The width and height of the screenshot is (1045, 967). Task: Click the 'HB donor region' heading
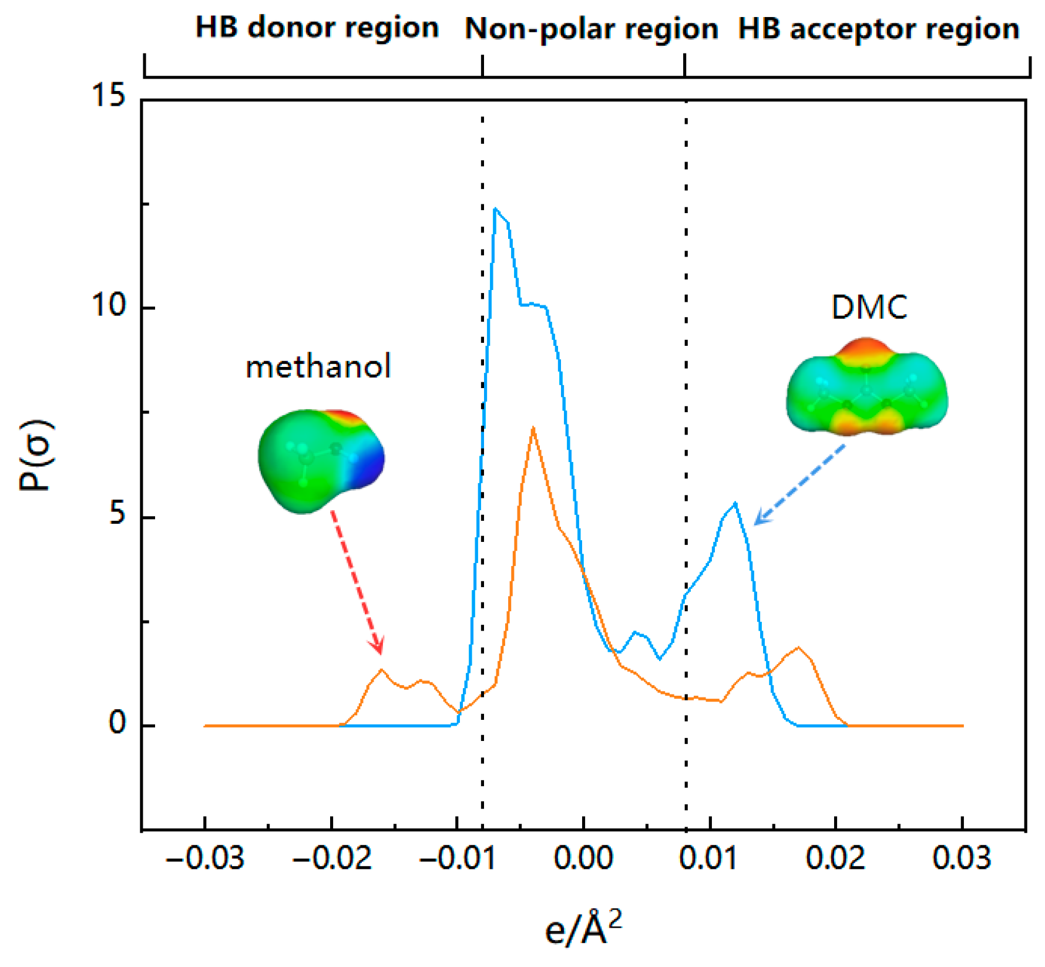tap(317, 28)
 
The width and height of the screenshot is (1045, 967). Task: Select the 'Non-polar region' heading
tap(592, 29)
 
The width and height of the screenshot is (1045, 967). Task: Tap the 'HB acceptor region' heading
tap(879, 29)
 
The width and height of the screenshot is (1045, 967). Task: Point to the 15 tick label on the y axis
tap(110, 95)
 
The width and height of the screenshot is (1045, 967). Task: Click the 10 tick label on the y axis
tap(110, 306)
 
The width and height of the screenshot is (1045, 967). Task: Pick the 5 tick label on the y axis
tap(117, 514)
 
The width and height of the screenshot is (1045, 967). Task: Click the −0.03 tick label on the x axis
tap(204, 859)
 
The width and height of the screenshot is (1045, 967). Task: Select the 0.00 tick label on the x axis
tap(583, 859)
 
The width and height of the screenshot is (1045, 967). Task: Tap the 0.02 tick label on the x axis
tap(835, 859)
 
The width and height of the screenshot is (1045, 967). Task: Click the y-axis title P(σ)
tap(35, 456)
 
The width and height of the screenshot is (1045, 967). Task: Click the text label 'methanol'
tap(318, 368)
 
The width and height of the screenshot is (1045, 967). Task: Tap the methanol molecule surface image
tap(321, 460)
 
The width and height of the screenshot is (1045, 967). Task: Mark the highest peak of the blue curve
tap(496, 208)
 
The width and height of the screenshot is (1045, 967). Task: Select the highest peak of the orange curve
tap(533, 428)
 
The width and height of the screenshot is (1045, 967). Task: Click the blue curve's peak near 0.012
tap(735, 503)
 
